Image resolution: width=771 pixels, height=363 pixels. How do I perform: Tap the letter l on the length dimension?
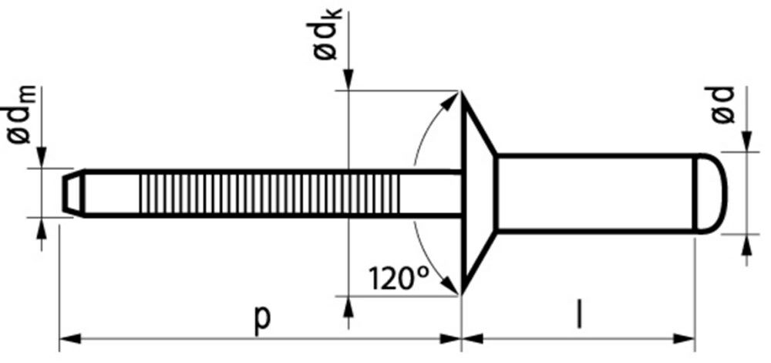[x=578, y=317]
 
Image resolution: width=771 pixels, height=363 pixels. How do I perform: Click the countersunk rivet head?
[x=476, y=193]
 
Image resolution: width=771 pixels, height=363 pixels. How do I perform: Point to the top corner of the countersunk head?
[x=462, y=92]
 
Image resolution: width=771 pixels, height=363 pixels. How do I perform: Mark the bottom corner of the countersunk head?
[x=462, y=294]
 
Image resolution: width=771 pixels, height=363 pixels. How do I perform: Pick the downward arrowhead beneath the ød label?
[x=746, y=142]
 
